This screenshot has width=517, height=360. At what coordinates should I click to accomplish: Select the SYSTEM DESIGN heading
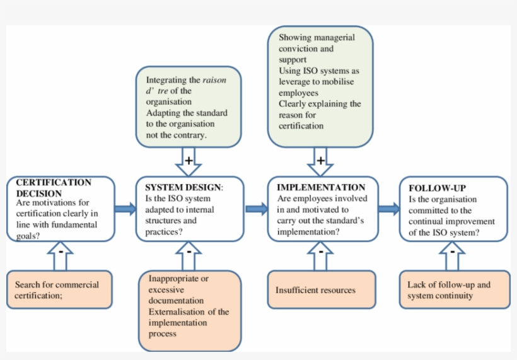click(x=183, y=188)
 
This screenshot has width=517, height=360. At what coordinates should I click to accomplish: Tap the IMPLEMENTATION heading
click(x=321, y=187)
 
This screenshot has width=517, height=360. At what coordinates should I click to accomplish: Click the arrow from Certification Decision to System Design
click(x=126, y=209)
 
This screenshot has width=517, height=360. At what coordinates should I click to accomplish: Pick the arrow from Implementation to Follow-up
click(x=388, y=209)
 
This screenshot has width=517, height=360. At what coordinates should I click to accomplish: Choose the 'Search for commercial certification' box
click(x=60, y=290)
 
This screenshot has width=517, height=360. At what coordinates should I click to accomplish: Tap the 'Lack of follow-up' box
click(x=453, y=290)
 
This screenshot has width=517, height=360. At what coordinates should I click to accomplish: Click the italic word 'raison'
click(x=214, y=80)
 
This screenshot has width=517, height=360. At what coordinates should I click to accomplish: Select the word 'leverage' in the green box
click(x=296, y=82)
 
